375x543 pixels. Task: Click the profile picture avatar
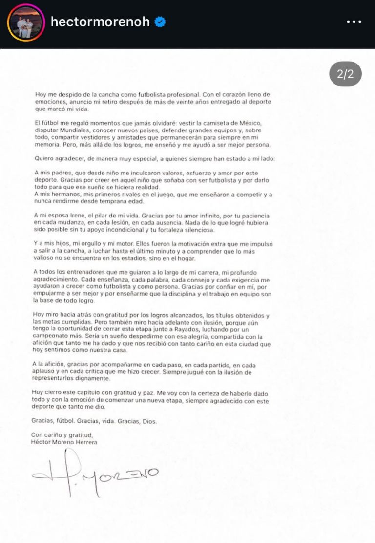tap(26, 22)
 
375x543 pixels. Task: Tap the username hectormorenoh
tap(100, 22)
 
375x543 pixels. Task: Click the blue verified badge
tap(160, 22)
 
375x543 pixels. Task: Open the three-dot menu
tap(354, 22)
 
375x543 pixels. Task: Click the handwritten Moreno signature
tap(98, 473)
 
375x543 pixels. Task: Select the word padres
tap(66, 174)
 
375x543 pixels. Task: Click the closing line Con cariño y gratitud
tap(62, 435)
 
